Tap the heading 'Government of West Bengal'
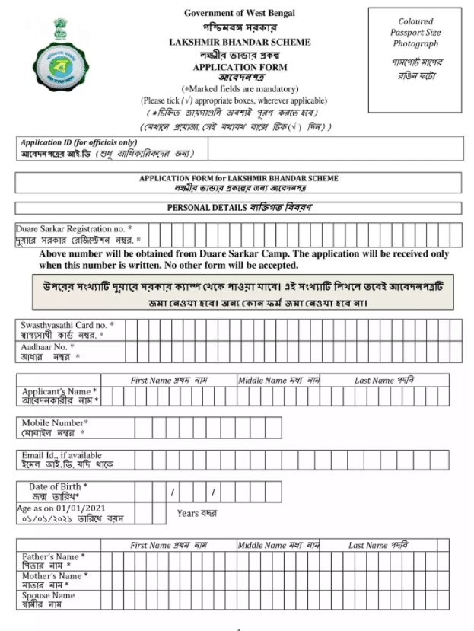tap(239, 13)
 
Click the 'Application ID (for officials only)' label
tap(79, 142)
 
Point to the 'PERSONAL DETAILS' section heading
tap(239, 208)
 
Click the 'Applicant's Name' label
tap(59, 391)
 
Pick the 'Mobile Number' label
tap(56, 422)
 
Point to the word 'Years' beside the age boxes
tap(188, 513)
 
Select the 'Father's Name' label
tap(53, 556)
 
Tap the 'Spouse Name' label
tap(49, 595)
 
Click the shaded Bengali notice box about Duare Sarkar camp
tap(243, 293)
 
